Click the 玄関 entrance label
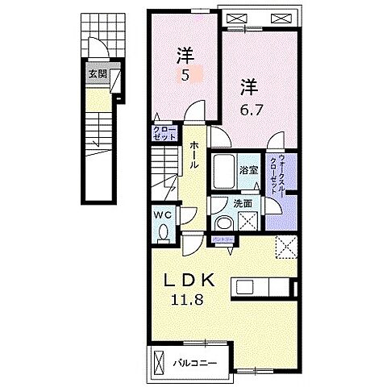tap(98, 73)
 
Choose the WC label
tap(161, 215)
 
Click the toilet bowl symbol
tap(164, 233)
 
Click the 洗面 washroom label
tap(243, 205)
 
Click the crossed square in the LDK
tap(285, 247)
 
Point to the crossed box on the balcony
tap(158, 359)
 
